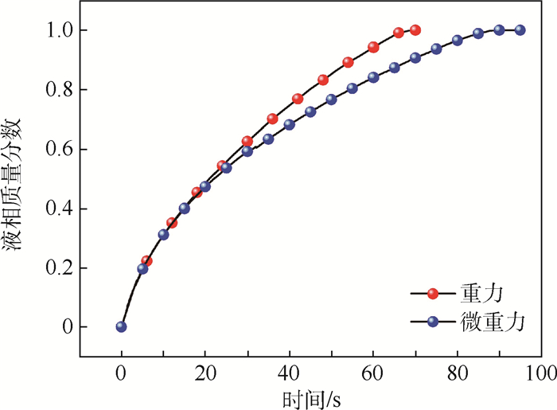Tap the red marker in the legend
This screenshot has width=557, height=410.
pyautogui.click(x=434, y=294)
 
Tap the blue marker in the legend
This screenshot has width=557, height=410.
pyautogui.click(x=434, y=322)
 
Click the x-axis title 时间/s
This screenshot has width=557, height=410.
pyautogui.click(x=310, y=396)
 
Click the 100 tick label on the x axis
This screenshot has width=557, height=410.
pyautogui.click(x=540, y=372)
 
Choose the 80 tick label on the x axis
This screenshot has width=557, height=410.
pyautogui.click(x=457, y=372)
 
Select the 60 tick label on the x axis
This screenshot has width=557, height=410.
pyautogui.click(x=373, y=372)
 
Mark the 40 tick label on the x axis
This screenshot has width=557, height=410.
pyautogui.click(x=289, y=372)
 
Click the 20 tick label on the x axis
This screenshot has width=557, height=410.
pyautogui.click(x=205, y=372)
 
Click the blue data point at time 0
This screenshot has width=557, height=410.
pyautogui.click(x=121, y=326)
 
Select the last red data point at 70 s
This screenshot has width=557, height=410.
pyautogui.click(x=415, y=30)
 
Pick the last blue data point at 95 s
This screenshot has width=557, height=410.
pyautogui.click(x=520, y=30)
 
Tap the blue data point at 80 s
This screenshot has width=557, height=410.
pyautogui.click(x=458, y=41)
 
